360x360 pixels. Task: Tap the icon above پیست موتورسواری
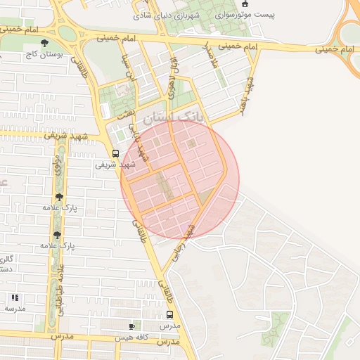pyautogui.click(x=244, y=4)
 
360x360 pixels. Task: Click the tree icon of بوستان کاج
pyautogui.click(x=45, y=43)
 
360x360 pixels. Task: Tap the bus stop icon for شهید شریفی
pyautogui.click(x=115, y=153)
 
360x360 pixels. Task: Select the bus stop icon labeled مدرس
pyautogui.click(x=169, y=315)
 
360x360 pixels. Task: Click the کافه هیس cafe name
pyautogui.click(x=151, y=337)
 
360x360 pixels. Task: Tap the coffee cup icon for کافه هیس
pyautogui.click(x=131, y=326)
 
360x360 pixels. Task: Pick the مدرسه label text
pyautogui.click(x=14, y=308)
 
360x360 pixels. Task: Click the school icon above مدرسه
pyautogui.click(x=15, y=297)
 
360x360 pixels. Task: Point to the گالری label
pyautogui.click(x=7, y=259)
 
